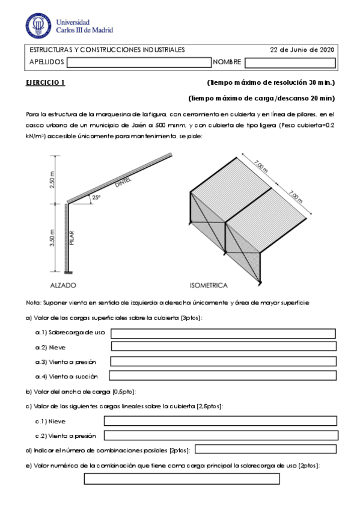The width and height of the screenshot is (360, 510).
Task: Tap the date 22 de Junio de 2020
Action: tap(302, 50)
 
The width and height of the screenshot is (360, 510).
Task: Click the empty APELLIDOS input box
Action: tap(138, 62)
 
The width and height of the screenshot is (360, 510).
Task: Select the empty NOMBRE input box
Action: tap(289, 62)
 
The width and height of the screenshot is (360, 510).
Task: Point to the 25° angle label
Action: tap(96, 197)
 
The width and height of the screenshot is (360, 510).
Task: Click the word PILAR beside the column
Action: tap(72, 237)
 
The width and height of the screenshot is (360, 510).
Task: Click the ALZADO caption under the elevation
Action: tap(63, 285)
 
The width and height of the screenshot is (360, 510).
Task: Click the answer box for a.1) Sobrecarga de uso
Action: tap(223, 333)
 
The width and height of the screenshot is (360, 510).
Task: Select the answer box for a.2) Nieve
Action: tap(223, 346)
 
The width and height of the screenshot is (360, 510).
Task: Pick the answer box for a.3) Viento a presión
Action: tap(223, 361)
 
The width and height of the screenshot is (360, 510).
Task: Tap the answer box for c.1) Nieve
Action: tap(220, 421)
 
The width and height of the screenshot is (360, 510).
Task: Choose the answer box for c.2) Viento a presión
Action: tap(220, 435)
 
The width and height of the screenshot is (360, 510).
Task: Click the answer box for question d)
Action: tap(266, 449)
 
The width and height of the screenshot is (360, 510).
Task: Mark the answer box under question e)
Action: tap(182, 479)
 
